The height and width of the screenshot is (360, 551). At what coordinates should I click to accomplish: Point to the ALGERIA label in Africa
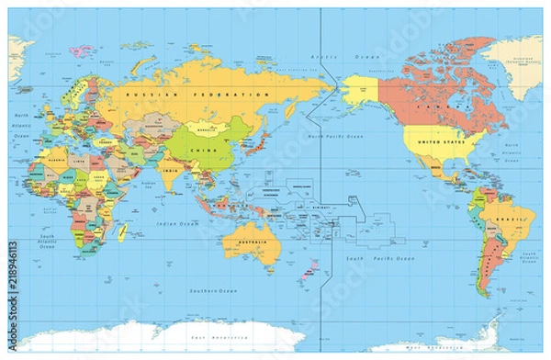(43, 160)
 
